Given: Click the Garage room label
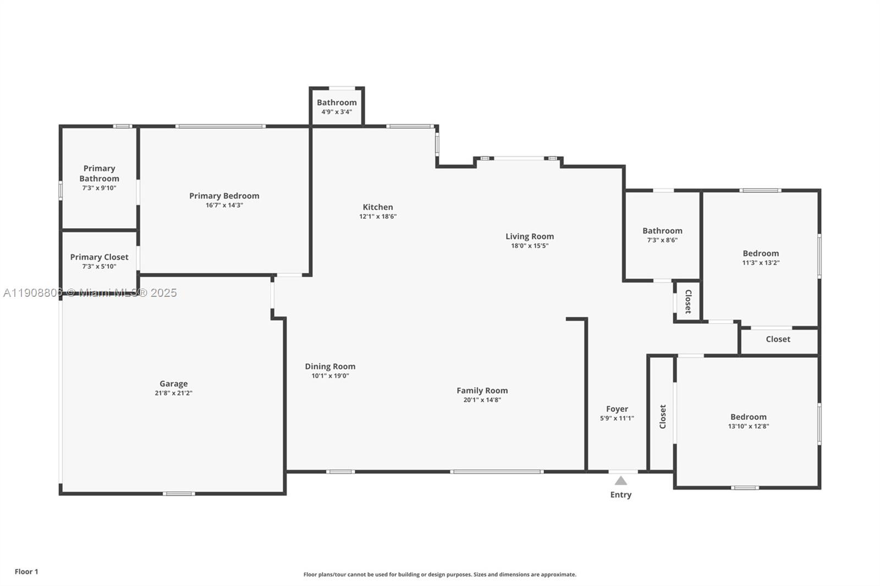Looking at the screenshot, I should pyautogui.click(x=173, y=384).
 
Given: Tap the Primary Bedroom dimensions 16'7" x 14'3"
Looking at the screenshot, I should pyautogui.click(x=224, y=206).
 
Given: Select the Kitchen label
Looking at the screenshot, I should pyautogui.click(x=378, y=207).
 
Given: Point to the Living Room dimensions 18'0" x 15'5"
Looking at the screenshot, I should pyautogui.click(x=530, y=246).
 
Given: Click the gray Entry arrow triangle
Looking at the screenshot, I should pyautogui.click(x=620, y=481).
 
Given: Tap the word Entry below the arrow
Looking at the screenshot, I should pyautogui.click(x=620, y=495).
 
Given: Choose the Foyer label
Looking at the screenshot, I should pyautogui.click(x=617, y=409).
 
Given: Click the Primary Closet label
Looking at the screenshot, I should pyautogui.click(x=99, y=257).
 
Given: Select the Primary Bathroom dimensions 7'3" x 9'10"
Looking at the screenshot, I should pyautogui.click(x=99, y=188).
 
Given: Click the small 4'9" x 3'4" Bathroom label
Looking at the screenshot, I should pyautogui.click(x=337, y=103).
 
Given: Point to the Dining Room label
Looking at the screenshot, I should pyautogui.click(x=330, y=367).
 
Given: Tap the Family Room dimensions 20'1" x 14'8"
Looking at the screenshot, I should pyautogui.click(x=482, y=400).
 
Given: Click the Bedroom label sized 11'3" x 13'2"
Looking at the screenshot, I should pyautogui.click(x=761, y=253).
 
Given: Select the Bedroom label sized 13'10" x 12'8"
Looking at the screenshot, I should pyautogui.click(x=748, y=417).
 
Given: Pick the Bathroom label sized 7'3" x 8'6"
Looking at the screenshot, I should pyautogui.click(x=662, y=231).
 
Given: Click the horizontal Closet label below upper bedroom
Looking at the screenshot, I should pyautogui.click(x=778, y=339).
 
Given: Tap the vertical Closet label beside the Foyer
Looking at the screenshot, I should pyautogui.click(x=663, y=417).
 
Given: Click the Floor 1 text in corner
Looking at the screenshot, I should pyautogui.click(x=26, y=572).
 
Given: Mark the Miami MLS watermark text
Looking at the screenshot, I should pyautogui.click(x=90, y=293).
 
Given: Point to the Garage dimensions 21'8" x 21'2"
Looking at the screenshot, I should pyautogui.click(x=173, y=393).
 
